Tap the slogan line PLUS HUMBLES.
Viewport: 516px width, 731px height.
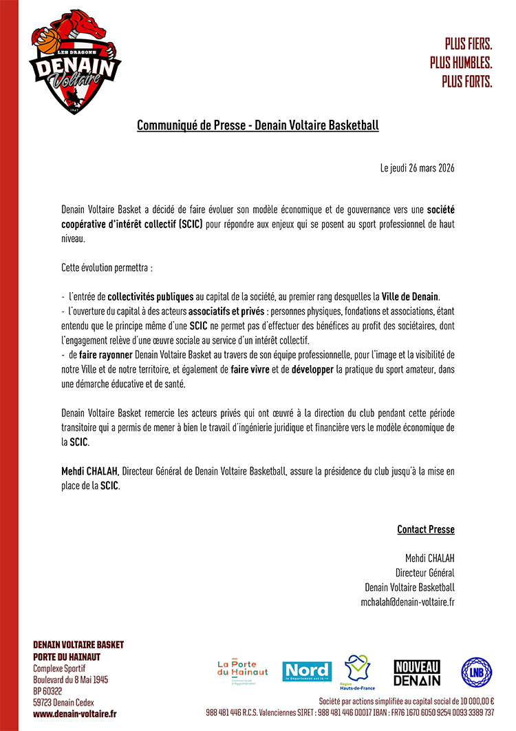(461, 62)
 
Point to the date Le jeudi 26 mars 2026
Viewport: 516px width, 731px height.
(417, 168)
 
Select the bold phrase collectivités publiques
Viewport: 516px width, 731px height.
(151, 297)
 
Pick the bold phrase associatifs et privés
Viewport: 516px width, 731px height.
(227, 311)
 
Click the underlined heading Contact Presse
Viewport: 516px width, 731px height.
(426, 529)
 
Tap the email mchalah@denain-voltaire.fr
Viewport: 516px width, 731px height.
(407, 602)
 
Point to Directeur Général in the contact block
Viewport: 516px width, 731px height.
(424, 573)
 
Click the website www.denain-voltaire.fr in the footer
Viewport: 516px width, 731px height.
(75, 715)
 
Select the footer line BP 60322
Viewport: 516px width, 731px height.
(47, 691)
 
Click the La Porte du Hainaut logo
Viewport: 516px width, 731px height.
(242, 668)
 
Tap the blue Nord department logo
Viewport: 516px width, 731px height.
(307, 671)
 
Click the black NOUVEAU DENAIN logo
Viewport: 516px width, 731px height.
(417, 672)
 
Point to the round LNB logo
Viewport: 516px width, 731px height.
(476, 672)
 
